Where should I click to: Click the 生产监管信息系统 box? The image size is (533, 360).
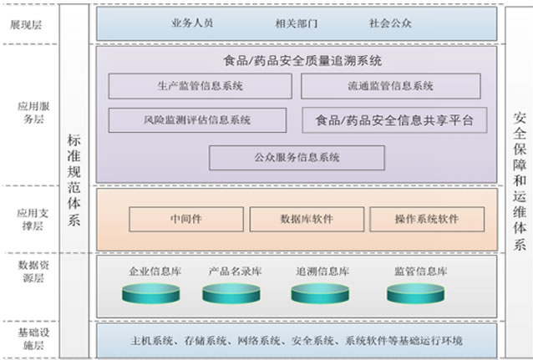(x=200, y=86)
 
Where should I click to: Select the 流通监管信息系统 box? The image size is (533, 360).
(x=390, y=86)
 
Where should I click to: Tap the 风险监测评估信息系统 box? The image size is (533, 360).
(x=200, y=120)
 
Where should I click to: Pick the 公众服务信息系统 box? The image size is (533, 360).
(x=297, y=157)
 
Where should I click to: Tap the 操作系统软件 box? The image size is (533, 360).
(x=426, y=219)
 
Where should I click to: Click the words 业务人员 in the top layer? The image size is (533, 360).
(x=191, y=23)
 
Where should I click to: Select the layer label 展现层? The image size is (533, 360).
(x=27, y=24)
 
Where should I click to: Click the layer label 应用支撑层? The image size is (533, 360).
(x=27, y=219)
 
